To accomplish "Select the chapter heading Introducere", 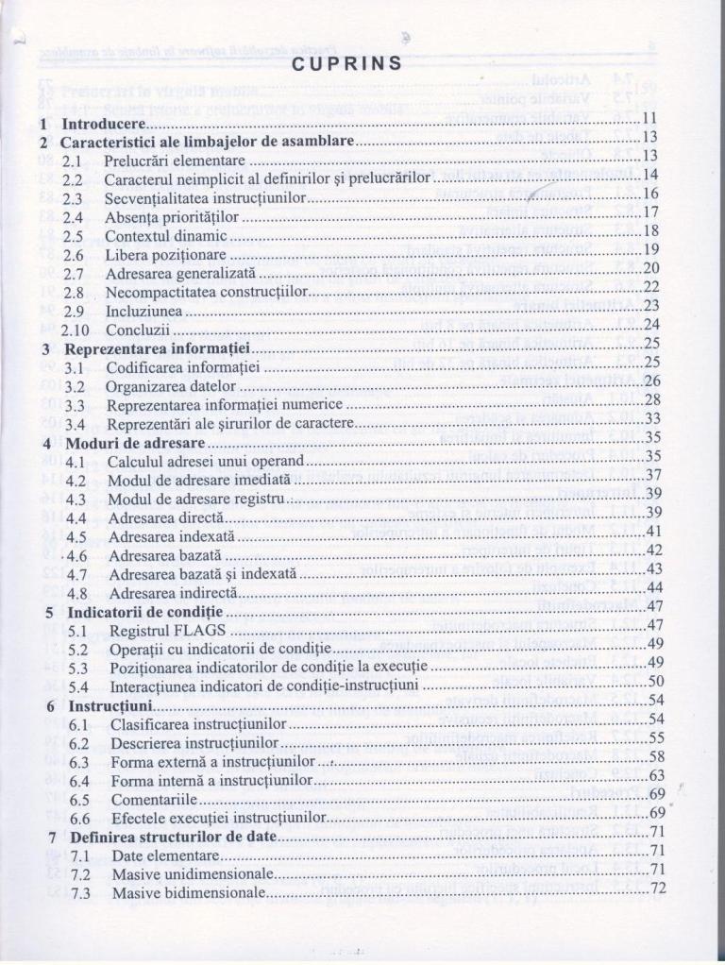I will (x=102, y=124).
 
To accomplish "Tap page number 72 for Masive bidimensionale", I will (x=659, y=889).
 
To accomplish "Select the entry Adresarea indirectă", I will (x=168, y=593).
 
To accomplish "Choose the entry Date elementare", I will (x=164, y=855).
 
